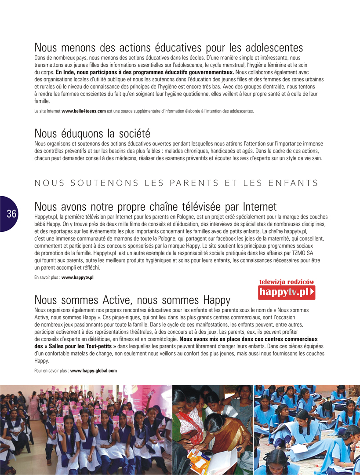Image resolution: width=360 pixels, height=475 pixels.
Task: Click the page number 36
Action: (11, 214)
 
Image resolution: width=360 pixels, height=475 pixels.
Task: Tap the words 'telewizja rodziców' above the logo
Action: (287, 282)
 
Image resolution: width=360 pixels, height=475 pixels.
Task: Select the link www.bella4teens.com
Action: (84, 112)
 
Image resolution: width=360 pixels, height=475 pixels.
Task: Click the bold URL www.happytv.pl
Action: (77, 278)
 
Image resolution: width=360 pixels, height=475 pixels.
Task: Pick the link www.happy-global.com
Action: (94, 371)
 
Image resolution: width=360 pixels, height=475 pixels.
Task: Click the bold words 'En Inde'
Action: (65, 72)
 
